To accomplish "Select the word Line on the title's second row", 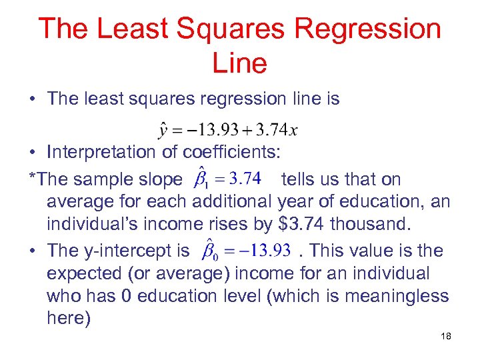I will coord(239,63).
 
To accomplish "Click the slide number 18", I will coord(445,336).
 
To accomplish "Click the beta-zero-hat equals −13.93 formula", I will coord(241,251).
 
